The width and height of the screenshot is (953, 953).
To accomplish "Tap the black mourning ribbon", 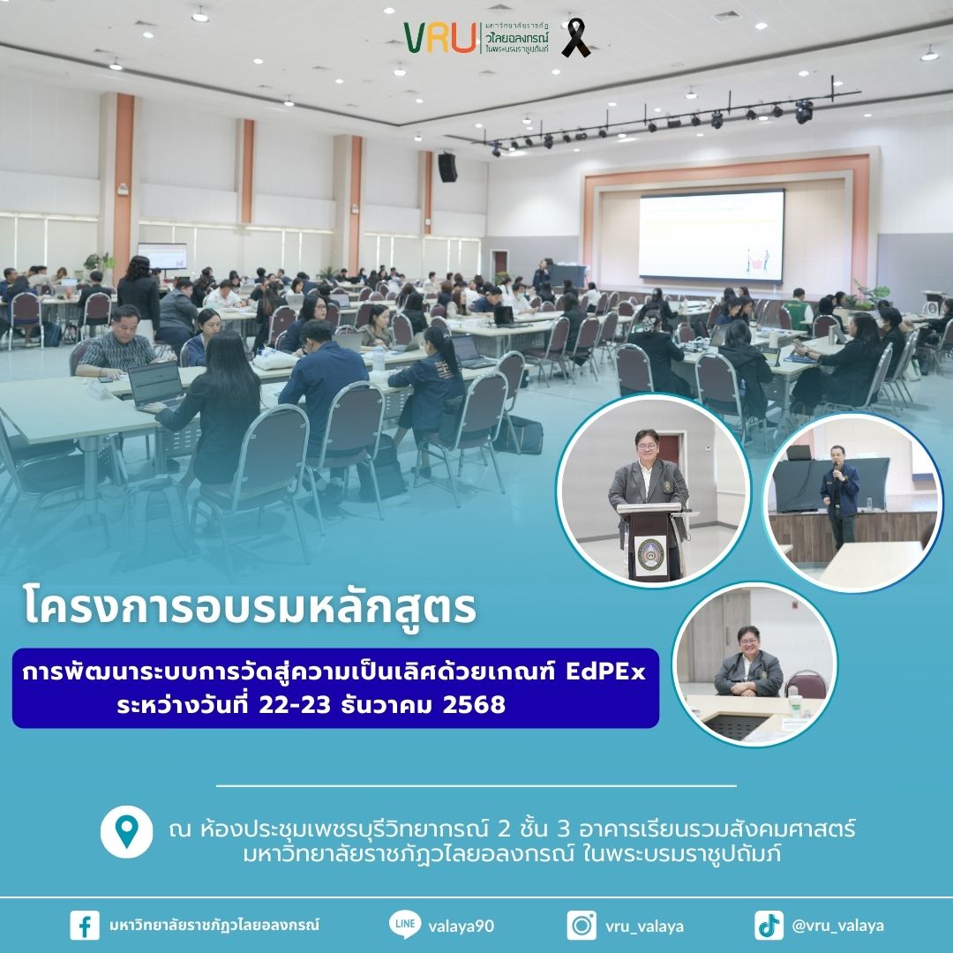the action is tap(575, 38).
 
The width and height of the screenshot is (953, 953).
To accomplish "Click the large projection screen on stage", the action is tap(711, 236).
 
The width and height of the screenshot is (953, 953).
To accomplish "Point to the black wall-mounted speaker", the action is tap(447, 167).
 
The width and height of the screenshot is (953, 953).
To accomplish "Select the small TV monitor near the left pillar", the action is tap(162, 256).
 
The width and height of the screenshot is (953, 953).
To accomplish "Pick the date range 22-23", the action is tap(295, 704).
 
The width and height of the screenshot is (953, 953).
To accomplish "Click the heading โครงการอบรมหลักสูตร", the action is tap(250, 607).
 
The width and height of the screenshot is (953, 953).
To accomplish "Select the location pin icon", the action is tap(126, 832).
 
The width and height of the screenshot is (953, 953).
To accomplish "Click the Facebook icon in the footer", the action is tap(85, 925).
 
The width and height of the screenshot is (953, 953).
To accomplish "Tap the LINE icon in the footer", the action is tap(405, 925).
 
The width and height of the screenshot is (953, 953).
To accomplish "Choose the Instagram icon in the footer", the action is tap(582, 925).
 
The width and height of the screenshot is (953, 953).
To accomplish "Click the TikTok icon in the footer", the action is tap(769, 925).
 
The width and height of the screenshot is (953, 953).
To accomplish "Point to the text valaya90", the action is tap(461, 927).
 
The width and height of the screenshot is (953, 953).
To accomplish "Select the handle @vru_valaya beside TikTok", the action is tap(837, 926).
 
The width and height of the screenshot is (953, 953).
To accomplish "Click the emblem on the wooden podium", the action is tap(649, 553).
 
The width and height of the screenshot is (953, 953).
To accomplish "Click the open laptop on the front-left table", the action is tap(155, 386).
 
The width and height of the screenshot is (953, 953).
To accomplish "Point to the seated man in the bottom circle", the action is tap(748, 664).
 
